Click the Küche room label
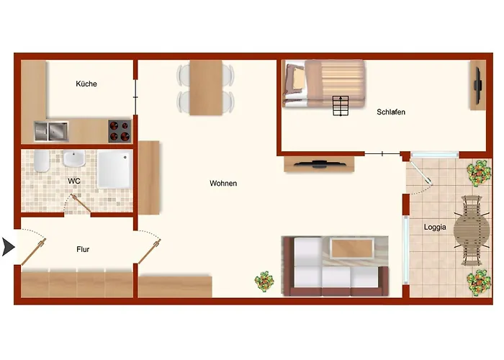[x=86, y=84]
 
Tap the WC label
[x=74, y=181]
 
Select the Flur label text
[x=83, y=249]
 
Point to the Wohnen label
[x=223, y=183]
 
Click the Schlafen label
[x=391, y=112]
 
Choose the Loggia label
[x=435, y=227]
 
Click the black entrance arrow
[x=9, y=247]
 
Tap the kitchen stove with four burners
[x=120, y=131]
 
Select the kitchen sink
[x=51, y=131]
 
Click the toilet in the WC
[x=42, y=161]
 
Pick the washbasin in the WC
[x=74, y=158]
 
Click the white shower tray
[x=114, y=170]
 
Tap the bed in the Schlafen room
[x=324, y=84]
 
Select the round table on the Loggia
[x=472, y=230]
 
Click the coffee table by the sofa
[x=352, y=248]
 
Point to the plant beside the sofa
[x=264, y=282]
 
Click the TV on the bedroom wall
[x=477, y=86]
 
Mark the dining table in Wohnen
[x=206, y=87]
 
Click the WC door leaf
[x=81, y=203]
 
